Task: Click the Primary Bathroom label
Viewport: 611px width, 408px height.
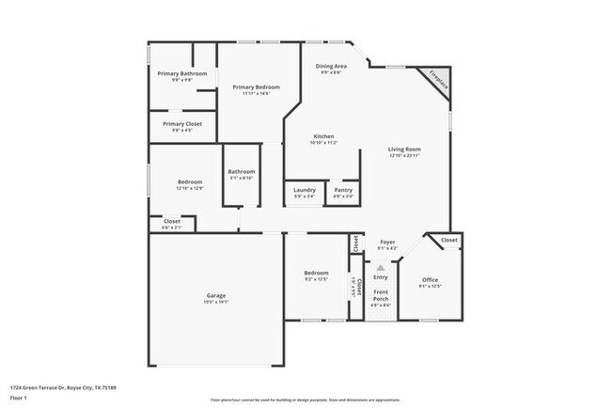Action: [182, 73]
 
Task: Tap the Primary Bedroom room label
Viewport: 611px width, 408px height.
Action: [256, 86]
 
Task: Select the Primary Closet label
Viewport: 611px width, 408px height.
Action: [182, 123]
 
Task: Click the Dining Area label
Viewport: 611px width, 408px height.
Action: [331, 66]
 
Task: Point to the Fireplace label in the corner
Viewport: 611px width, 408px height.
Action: [438, 79]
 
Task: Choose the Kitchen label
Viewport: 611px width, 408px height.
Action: [323, 137]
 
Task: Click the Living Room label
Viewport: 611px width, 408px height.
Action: [405, 149]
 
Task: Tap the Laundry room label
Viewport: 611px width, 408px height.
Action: [304, 190]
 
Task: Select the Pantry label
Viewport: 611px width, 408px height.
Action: [343, 190]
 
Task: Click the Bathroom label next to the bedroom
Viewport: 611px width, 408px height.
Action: [242, 171]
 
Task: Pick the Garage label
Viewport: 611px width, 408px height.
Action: [216, 296]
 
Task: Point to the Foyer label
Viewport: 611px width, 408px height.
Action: [387, 242]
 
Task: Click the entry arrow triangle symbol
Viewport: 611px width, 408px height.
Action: [381, 267]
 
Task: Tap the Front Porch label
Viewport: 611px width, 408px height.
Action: [381, 295]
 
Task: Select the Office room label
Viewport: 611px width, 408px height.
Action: [431, 279]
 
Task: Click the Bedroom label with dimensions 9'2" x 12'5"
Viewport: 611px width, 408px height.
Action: [315, 273]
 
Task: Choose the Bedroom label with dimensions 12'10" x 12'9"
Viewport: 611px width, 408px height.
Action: [190, 182]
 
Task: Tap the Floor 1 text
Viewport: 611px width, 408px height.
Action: [21, 399]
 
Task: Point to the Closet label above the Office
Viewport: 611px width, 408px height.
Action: [450, 240]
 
